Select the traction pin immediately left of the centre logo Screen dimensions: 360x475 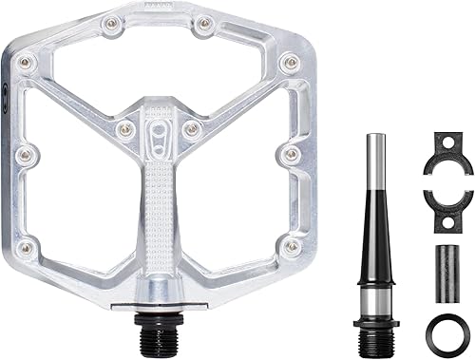pos(122,130)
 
